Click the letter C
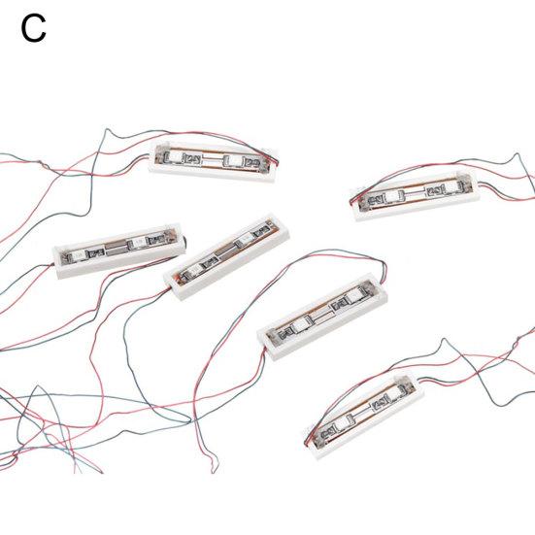[33, 30]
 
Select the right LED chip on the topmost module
[233, 159]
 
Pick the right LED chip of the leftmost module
[138, 243]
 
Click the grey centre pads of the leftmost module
[116, 249]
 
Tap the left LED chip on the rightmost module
[392, 196]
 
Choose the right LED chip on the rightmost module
[451, 187]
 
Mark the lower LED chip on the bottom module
[342, 423]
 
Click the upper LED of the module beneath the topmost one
[245, 239]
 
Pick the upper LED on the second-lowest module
[353, 296]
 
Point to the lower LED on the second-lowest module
[300, 325]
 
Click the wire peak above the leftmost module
[107, 129]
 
